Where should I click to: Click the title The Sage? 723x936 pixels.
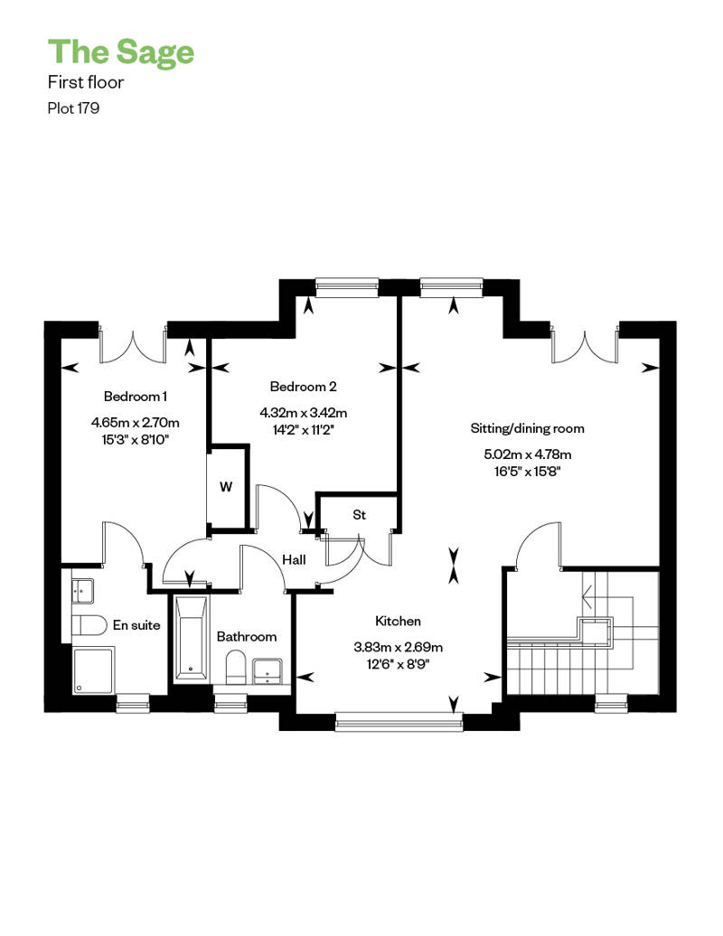(121, 51)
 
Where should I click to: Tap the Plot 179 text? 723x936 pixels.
(73, 108)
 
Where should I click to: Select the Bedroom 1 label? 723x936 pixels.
(136, 397)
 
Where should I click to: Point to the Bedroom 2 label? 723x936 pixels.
(304, 386)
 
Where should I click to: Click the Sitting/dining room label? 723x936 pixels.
(527, 428)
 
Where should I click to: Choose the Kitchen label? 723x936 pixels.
(399, 621)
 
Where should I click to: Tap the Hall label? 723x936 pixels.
(294, 559)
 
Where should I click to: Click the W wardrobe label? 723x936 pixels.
(226, 486)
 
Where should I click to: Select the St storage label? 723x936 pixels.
(359, 515)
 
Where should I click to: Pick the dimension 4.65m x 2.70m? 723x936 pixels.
(136, 423)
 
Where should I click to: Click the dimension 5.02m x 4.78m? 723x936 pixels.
(527, 454)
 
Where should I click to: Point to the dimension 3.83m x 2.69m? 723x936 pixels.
(399, 647)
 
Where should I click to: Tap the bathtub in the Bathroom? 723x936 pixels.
(191, 638)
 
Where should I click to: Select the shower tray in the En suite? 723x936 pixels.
(93, 670)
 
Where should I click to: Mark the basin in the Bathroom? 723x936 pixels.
(268, 671)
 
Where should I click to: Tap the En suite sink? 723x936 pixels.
(82, 590)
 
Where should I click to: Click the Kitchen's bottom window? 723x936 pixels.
(399, 722)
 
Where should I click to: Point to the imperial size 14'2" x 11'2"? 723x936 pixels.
(304, 430)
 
